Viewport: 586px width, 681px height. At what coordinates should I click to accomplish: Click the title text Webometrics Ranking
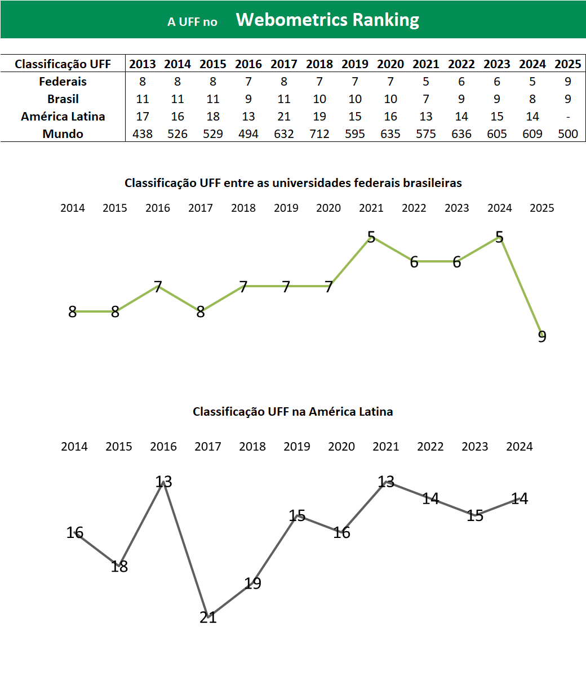[327, 20]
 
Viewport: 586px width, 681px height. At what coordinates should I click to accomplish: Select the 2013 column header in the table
[143, 64]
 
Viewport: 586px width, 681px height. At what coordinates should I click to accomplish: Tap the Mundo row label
[63, 134]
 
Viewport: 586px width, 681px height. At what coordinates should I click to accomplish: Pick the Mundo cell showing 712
[319, 134]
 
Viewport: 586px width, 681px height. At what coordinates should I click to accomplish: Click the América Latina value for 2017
[284, 117]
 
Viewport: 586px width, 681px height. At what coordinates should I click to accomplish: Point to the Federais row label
[63, 82]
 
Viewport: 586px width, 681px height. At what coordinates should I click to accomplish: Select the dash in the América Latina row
[568, 117]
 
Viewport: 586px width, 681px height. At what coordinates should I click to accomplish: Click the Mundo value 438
[143, 134]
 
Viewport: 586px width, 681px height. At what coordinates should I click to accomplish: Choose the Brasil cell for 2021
[426, 99]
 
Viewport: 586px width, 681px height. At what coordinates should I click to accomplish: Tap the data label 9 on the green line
[542, 336]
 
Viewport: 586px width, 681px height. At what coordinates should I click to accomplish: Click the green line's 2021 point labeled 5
[371, 237]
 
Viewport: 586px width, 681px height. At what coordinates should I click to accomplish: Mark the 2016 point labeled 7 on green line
[158, 287]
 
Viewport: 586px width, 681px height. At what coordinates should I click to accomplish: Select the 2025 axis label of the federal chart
[542, 208]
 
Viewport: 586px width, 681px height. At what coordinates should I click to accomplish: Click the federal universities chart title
[293, 183]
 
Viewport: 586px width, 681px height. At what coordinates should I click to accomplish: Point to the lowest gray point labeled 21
[208, 617]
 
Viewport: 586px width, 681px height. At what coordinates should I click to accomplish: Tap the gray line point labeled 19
[253, 583]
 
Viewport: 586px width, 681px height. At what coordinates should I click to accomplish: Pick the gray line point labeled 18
[119, 566]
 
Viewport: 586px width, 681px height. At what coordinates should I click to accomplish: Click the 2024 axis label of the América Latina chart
[520, 447]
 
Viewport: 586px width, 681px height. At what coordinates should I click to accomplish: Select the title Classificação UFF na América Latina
[293, 412]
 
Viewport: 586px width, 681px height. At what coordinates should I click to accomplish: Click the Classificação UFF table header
[63, 64]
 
